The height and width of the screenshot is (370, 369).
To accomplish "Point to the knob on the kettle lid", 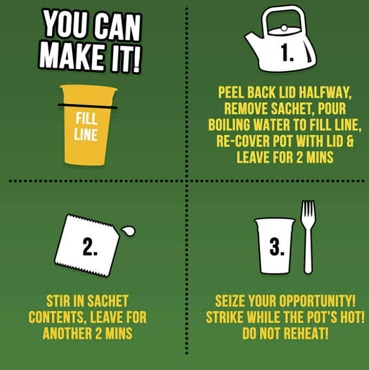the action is (284, 28).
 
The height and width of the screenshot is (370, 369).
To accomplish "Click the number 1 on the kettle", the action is (287, 53).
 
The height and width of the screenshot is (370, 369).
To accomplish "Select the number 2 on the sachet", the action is (90, 246).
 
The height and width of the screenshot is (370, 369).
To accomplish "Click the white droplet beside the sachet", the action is (128, 231).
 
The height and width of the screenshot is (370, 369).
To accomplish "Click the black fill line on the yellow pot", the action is (88, 106).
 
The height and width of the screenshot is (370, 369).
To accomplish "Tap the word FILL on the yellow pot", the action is (87, 118).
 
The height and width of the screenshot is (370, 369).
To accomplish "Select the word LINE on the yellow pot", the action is (86, 135).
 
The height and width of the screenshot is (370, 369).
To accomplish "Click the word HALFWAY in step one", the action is (325, 92).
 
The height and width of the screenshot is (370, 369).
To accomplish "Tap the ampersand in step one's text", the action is (351, 141).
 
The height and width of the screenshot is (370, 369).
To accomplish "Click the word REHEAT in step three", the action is (306, 334).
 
